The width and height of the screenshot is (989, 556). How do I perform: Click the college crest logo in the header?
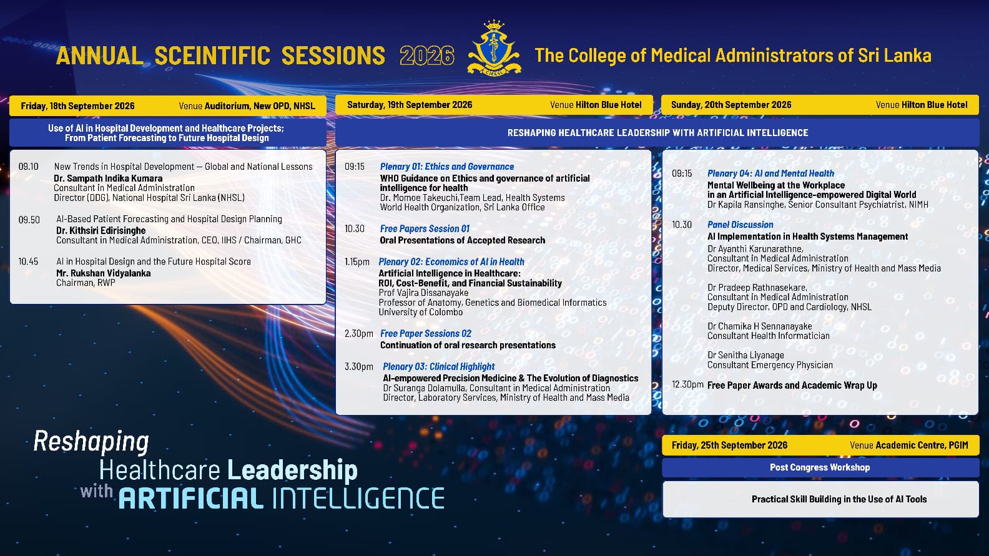pyautogui.click(x=494, y=47)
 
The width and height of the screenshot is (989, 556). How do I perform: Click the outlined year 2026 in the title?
pyautogui.click(x=427, y=56)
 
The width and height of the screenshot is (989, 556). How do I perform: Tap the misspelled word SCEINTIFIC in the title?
pyautogui.click(x=212, y=56)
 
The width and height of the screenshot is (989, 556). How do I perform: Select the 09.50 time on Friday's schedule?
pyautogui.click(x=29, y=220)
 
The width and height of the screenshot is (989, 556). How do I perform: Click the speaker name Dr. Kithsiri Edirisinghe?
pyautogui.click(x=101, y=230)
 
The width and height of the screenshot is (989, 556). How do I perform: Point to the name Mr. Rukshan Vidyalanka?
pyautogui.click(x=103, y=273)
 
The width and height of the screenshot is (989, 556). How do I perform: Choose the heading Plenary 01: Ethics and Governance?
pyautogui.click(x=447, y=167)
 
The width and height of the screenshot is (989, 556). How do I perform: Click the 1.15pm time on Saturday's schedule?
pyautogui.click(x=357, y=262)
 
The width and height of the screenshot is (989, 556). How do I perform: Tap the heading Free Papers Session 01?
pyautogui.click(x=425, y=228)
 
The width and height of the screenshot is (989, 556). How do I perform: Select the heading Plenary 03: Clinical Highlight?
pyautogui.click(x=438, y=367)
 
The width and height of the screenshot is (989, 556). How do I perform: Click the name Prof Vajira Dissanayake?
pyautogui.click(x=423, y=293)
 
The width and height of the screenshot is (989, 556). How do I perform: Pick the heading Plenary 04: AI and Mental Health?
pyautogui.click(x=770, y=173)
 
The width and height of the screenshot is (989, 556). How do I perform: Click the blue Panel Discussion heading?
pyautogui.click(x=740, y=225)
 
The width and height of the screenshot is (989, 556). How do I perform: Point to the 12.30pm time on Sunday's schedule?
pyautogui.click(x=687, y=385)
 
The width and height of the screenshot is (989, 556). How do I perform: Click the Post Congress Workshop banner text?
pyautogui.click(x=820, y=467)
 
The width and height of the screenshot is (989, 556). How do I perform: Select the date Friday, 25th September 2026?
pyautogui.click(x=729, y=446)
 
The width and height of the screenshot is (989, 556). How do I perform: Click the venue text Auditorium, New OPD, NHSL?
pyautogui.click(x=260, y=106)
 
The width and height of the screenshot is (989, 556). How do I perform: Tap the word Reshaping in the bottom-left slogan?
pyautogui.click(x=91, y=442)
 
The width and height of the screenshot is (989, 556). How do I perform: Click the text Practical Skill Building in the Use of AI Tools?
pyautogui.click(x=839, y=499)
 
